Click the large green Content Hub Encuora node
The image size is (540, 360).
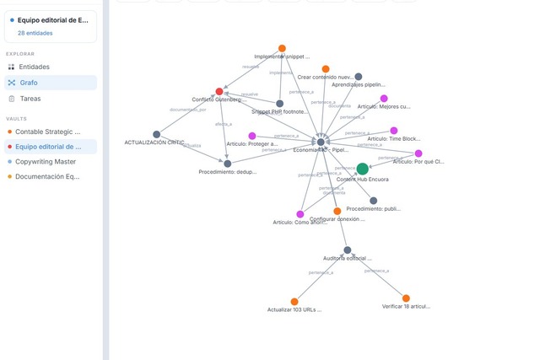[x=362, y=169]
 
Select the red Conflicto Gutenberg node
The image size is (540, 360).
[x=219, y=91]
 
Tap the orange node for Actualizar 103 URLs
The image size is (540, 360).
[x=294, y=301]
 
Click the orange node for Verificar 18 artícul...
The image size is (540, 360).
[x=406, y=298]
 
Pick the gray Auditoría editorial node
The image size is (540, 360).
[x=347, y=250]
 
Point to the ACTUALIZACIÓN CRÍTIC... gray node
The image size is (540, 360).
[x=156, y=134]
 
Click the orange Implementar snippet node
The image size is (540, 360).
[x=282, y=48]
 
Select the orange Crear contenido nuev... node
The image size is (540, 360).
[x=326, y=68]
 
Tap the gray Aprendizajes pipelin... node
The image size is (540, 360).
[x=359, y=77]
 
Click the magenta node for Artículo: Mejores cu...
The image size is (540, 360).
[x=384, y=99]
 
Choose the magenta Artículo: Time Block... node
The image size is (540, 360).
[x=394, y=131]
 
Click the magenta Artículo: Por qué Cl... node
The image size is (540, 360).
[x=418, y=153]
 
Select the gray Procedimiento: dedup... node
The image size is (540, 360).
[x=227, y=163]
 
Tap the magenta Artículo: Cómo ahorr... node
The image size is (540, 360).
[x=300, y=214]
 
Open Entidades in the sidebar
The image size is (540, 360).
[x=34, y=67]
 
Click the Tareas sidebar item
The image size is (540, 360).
[x=30, y=99]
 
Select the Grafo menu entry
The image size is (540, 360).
[x=29, y=83]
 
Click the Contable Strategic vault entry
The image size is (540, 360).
[x=47, y=132]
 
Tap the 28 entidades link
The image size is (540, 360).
[x=34, y=33]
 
